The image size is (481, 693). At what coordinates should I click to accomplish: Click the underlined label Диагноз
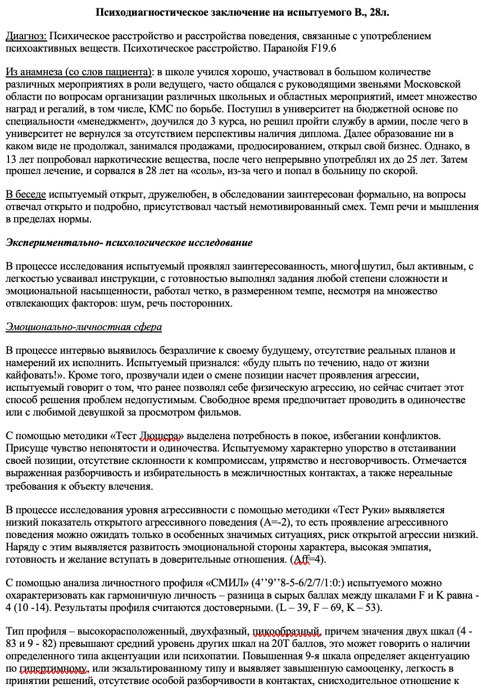26,37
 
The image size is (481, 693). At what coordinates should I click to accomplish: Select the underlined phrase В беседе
26,195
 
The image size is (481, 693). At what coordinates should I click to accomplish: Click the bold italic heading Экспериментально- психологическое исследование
129,243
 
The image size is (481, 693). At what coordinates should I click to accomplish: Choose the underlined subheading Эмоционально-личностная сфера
84,327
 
